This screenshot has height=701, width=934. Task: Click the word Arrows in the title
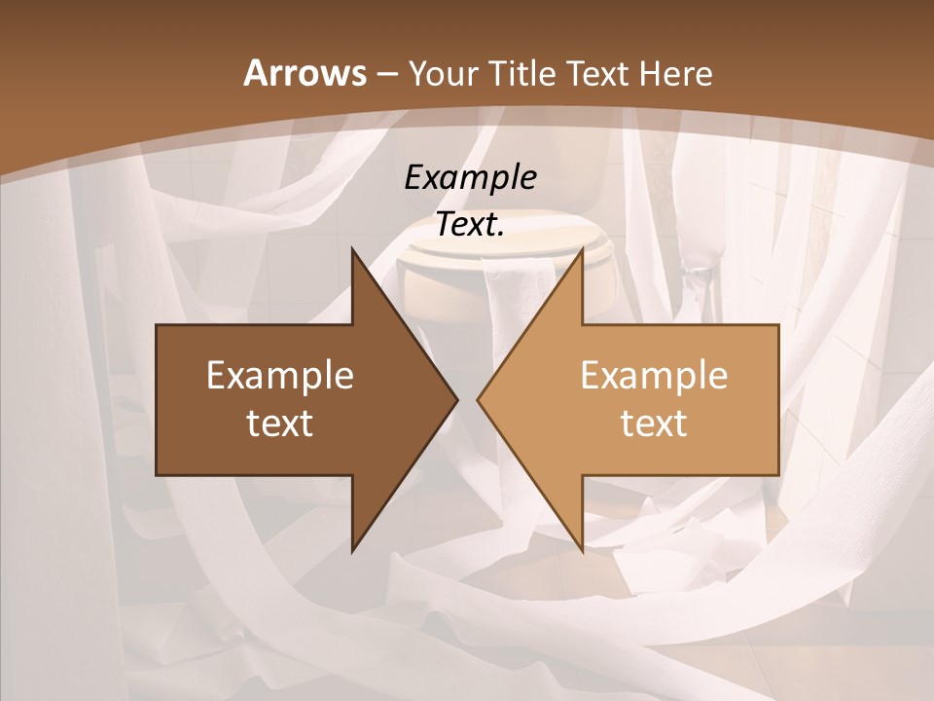point(305,73)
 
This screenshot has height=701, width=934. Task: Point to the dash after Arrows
point(385,74)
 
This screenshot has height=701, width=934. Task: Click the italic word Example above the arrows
point(470,177)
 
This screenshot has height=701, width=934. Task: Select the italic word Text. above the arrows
point(470,224)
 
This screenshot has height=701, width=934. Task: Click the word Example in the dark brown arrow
point(279,375)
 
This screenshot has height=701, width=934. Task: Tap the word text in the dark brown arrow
point(279,423)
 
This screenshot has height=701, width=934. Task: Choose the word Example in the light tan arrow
point(654,375)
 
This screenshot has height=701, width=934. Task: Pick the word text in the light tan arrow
point(654,423)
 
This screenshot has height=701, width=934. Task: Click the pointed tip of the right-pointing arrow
point(457,400)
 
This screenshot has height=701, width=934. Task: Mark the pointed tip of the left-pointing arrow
point(478,400)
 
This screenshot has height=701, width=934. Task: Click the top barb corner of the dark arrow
point(352,249)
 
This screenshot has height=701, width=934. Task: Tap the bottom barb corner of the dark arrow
point(352,551)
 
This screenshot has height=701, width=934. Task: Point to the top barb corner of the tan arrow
point(582,249)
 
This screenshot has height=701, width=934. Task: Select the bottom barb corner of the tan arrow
point(582,551)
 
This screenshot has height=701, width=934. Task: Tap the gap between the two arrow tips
point(467,400)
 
